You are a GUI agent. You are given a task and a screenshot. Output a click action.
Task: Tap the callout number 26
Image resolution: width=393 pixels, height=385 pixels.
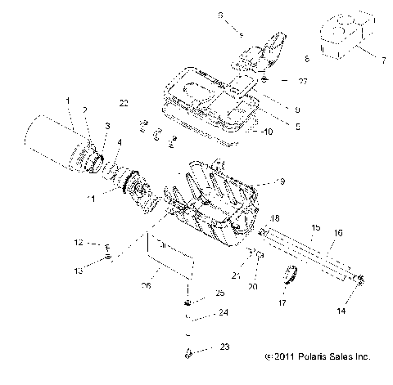(147, 285)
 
